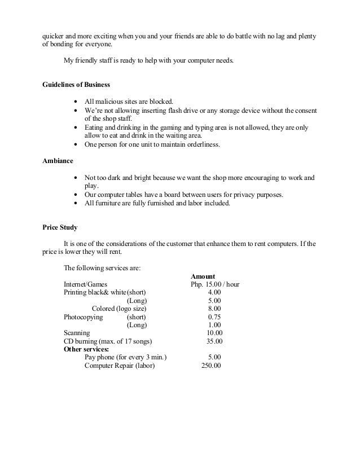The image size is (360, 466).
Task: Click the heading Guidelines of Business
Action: tap(76, 85)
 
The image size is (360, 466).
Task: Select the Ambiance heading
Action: tap(58, 161)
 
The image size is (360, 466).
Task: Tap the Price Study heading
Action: tap(60, 227)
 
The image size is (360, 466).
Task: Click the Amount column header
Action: tap(203, 276)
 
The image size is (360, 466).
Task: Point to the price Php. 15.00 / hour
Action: tap(215, 285)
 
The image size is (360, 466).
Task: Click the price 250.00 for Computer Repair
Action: tap(211, 366)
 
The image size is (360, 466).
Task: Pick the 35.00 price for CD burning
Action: tap(214, 341)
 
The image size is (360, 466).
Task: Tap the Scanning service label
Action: tap(76, 333)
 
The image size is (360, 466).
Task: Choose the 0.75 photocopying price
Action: tap(214, 317)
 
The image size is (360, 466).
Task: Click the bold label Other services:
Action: tap(86, 349)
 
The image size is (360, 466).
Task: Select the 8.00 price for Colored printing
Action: tap(214, 309)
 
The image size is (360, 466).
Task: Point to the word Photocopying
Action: tap(84, 317)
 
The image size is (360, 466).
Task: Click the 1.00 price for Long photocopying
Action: tap(214, 325)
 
